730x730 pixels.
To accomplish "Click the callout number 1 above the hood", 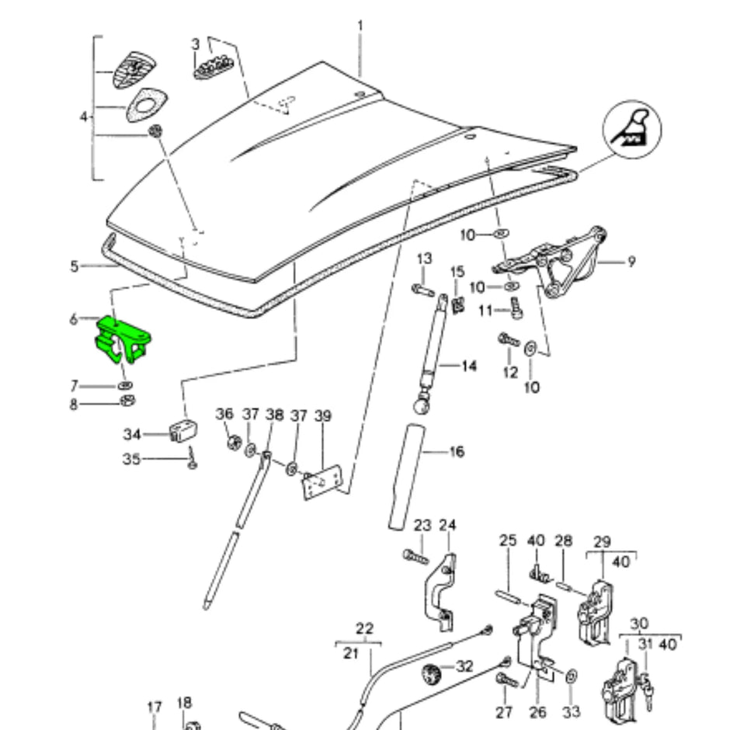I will coord(360,26).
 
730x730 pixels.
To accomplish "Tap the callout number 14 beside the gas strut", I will coord(468,365).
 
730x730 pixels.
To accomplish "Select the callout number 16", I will coord(457,450).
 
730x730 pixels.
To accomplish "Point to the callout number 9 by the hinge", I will coord(631,262).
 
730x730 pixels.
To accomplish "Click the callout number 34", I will coord(132,433).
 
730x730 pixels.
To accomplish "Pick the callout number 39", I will coord(322,416).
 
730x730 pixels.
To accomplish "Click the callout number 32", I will coord(464,666).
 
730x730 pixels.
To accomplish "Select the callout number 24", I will coord(447,526).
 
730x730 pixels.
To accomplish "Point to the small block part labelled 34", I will coord(182,429).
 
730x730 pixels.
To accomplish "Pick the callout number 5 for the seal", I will coord(75,266).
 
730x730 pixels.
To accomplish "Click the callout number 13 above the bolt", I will coord(424,258).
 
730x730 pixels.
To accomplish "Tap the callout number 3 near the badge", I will coord(196,44).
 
